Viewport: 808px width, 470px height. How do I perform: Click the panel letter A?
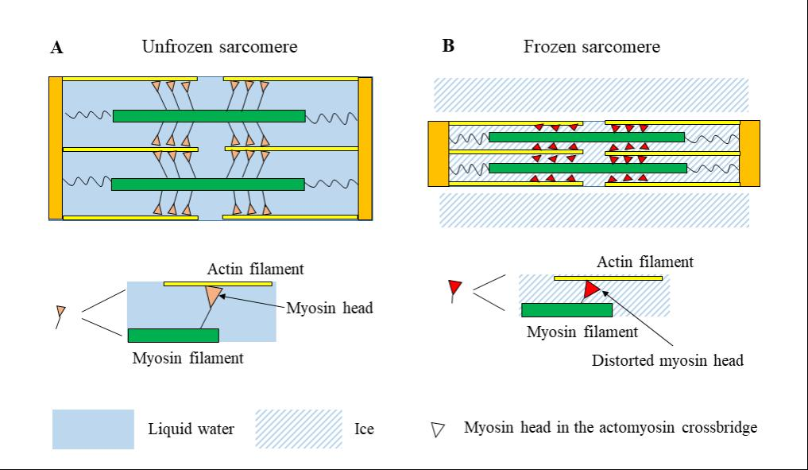click(56, 48)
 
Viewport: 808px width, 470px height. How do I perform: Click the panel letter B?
click(448, 46)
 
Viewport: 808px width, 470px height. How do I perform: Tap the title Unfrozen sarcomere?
click(219, 47)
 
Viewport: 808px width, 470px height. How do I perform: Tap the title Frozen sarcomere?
click(591, 47)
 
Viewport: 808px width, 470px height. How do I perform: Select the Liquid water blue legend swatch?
click(93, 429)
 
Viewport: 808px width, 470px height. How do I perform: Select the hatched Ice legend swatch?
click(299, 429)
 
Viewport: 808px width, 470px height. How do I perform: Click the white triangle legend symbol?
click(437, 429)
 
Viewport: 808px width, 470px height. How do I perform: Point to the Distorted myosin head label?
click(667, 360)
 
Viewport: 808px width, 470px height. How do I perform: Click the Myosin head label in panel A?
click(329, 309)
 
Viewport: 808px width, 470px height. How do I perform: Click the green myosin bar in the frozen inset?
click(566, 309)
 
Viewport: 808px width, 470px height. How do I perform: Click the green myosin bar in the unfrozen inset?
click(172, 336)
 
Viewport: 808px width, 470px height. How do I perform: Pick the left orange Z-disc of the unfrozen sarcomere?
click(55, 147)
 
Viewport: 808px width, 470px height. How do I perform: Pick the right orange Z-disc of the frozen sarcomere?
click(749, 153)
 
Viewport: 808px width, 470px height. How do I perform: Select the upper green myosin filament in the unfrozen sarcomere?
click(209, 116)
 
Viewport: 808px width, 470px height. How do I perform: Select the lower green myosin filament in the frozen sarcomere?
click(588, 168)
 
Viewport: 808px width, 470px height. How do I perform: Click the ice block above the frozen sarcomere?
click(591, 94)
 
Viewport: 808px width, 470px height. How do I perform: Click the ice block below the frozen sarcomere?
click(594, 210)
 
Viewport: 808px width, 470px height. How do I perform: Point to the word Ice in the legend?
click(364, 429)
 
